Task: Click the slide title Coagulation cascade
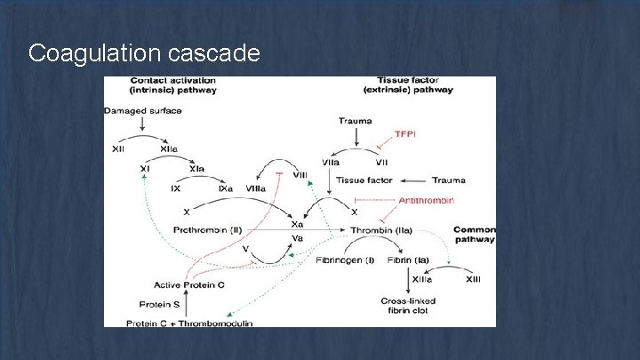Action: (144, 53)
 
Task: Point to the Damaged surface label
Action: (143, 111)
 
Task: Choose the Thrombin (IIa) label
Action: (380, 230)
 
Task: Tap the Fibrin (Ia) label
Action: (409, 260)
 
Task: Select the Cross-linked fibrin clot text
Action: (408, 307)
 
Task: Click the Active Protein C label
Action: (189, 285)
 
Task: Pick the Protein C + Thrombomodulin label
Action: (189, 323)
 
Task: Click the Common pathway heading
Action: (474, 234)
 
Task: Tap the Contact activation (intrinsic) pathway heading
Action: (160, 85)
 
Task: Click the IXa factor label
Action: (226, 188)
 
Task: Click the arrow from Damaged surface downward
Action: (143, 125)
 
